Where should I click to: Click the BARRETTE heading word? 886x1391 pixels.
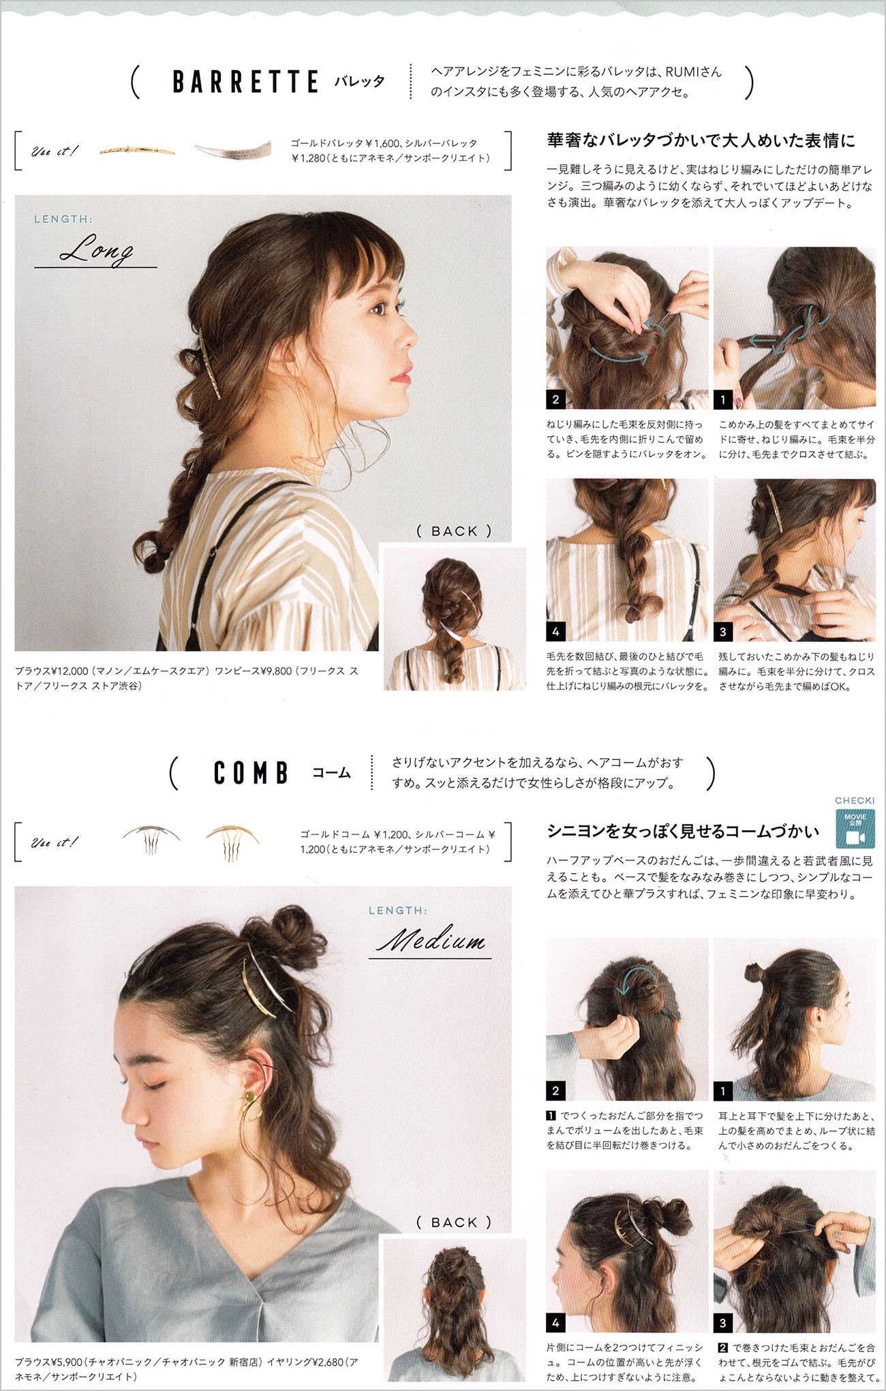click(245, 82)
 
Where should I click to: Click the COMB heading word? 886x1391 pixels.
click(251, 773)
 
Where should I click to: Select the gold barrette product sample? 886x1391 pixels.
click(137, 150)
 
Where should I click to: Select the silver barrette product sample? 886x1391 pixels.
click(233, 150)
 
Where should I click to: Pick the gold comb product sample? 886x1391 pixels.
click(232, 842)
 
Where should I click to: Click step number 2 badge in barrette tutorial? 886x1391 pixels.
click(555, 399)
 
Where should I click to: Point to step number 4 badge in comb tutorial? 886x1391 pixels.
click(555, 1323)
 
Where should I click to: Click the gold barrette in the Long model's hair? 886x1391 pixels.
click(209, 365)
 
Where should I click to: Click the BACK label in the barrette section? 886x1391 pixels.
click(454, 531)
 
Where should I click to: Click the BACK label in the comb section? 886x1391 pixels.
click(454, 1223)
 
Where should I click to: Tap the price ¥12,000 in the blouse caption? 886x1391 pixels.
click(69, 671)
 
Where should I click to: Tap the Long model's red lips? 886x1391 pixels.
click(403, 373)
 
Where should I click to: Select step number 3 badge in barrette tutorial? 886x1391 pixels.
click(723, 632)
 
